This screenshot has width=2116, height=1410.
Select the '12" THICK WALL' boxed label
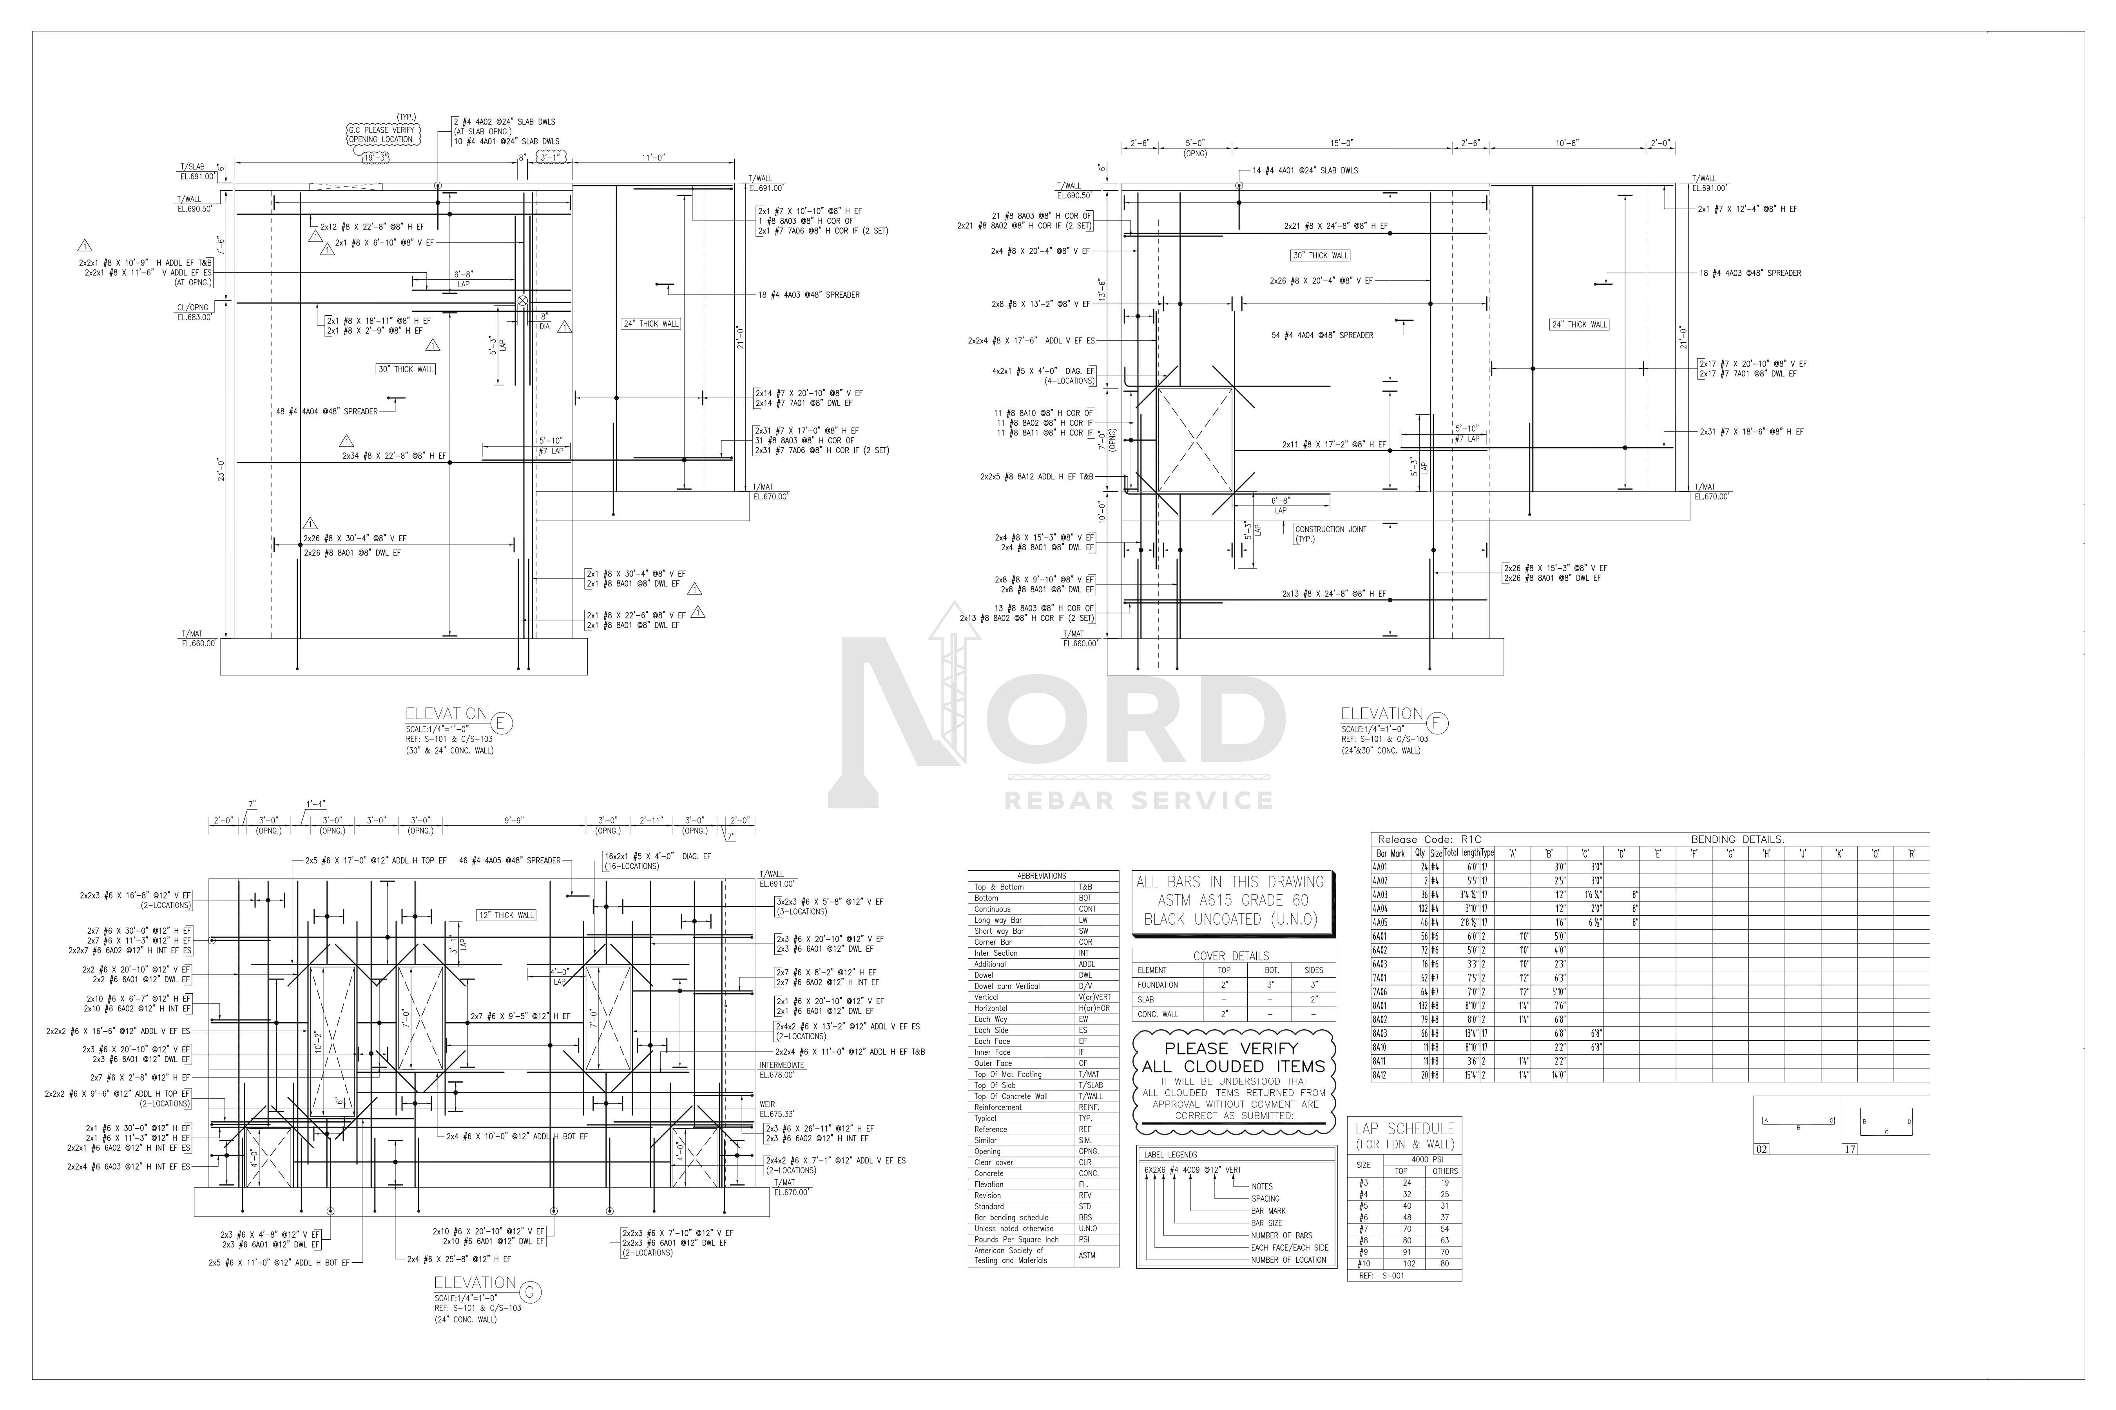click(507, 915)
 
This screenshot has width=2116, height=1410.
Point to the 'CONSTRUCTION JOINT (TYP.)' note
click(1331, 534)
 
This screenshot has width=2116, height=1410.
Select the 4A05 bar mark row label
click(1380, 923)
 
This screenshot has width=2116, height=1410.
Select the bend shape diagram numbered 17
click(1886, 1125)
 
